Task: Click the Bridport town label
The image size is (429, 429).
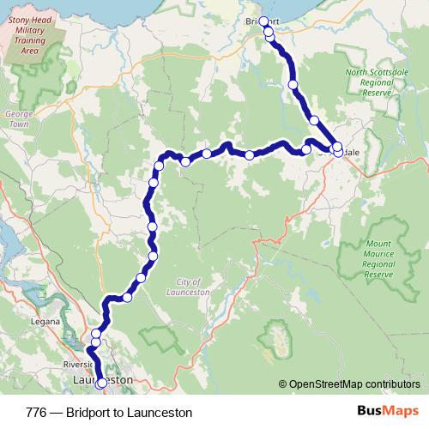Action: coord(263,21)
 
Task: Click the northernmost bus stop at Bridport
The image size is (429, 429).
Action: coord(263,21)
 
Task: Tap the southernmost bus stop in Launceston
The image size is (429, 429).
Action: coord(101,384)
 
